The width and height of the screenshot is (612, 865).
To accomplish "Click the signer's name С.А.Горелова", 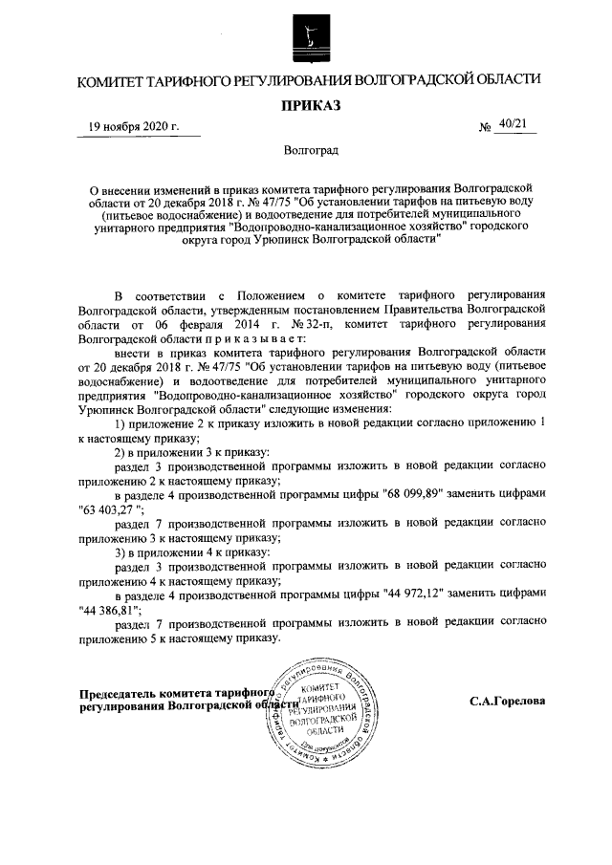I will click(507, 701).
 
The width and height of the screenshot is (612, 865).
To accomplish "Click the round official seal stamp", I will click(318, 711).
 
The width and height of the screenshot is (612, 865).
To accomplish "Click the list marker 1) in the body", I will click(120, 422).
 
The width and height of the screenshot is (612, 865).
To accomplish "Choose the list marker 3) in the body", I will click(120, 552).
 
